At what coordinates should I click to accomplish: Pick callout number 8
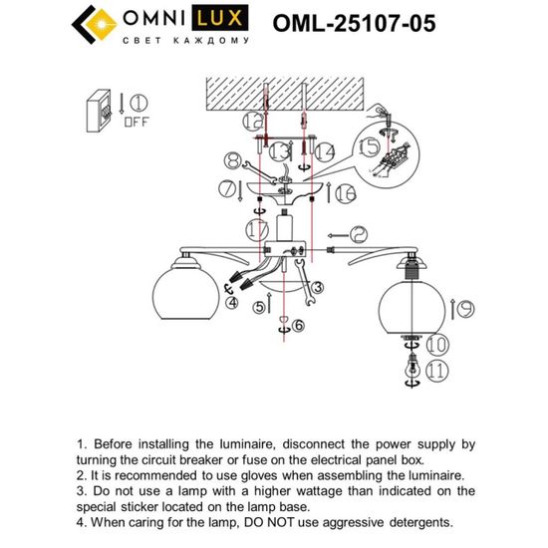pos(232,160)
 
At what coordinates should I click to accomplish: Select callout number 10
pos(438,346)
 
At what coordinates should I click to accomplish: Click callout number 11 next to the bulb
pos(437,372)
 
